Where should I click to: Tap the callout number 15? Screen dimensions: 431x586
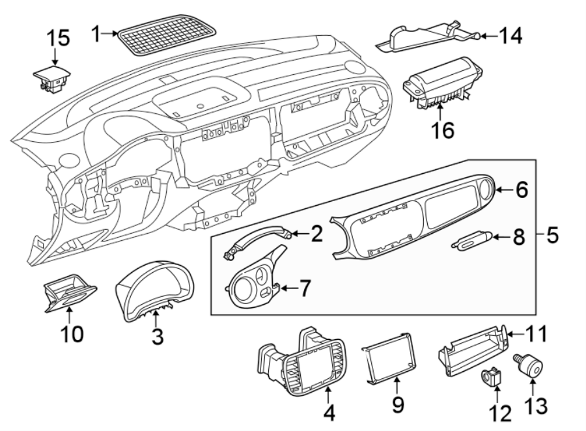57,38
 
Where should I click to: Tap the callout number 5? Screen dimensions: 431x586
551,234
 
